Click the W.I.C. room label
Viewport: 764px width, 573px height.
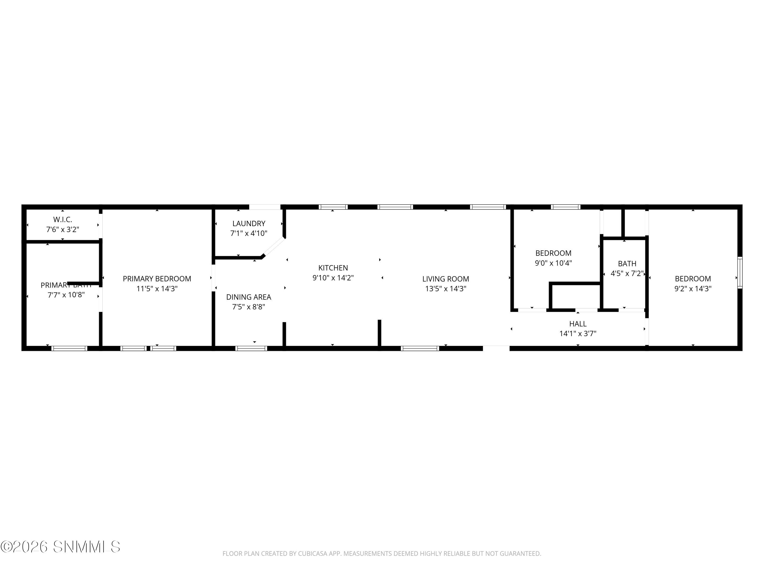tap(62, 220)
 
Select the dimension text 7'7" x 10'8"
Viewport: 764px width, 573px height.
tap(66, 295)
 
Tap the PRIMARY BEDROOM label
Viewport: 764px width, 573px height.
tap(157, 279)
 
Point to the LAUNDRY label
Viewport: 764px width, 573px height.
tap(249, 223)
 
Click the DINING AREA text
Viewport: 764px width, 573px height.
tap(249, 297)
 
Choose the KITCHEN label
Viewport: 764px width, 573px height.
tap(333, 268)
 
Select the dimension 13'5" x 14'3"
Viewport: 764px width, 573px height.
tap(446, 289)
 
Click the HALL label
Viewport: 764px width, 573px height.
tap(578, 324)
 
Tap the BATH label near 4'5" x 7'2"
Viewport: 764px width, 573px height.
tap(627, 264)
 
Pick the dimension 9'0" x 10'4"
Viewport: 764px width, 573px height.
tap(553, 263)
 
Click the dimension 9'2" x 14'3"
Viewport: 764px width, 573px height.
tap(693, 289)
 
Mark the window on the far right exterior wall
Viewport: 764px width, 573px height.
tap(740, 273)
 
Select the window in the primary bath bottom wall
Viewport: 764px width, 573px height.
tap(70, 348)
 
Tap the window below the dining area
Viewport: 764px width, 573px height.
tap(251, 348)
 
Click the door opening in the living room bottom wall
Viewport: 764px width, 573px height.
tap(496, 348)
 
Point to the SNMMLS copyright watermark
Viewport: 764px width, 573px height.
tap(60, 547)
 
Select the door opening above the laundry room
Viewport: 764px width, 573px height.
tap(265, 207)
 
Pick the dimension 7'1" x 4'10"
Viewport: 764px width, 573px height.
tap(249, 234)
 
